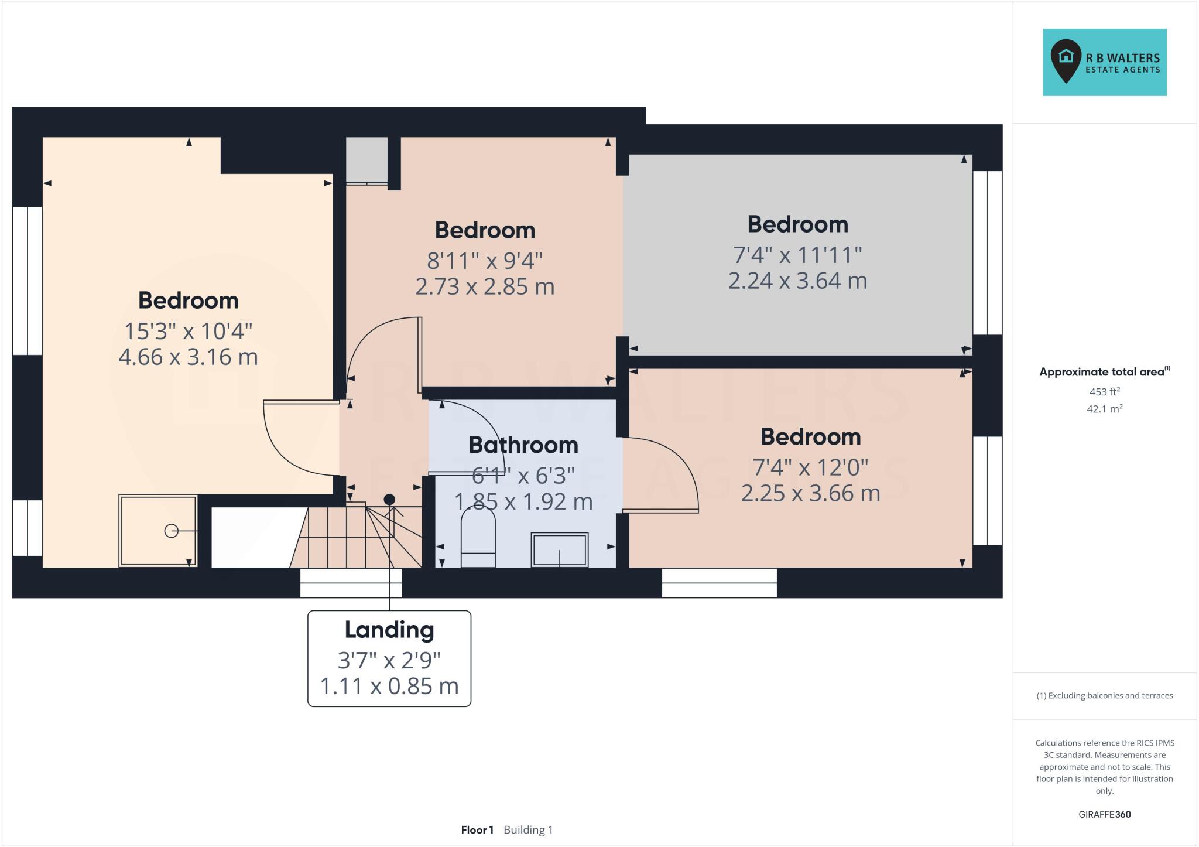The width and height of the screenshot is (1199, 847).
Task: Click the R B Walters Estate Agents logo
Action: [x=1104, y=62]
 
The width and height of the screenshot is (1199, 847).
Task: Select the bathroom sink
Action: [x=559, y=549]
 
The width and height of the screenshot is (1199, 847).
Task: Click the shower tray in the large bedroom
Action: [x=158, y=531]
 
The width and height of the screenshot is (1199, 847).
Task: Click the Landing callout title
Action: [x=389, y=630]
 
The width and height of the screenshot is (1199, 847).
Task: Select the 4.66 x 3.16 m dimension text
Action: [x=188, y=357]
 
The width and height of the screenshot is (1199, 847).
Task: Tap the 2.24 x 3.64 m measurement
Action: [x=797, y=281]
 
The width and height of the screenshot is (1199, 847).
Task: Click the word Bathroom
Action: [x=523, y=445]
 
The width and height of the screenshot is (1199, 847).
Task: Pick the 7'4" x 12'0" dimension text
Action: [x=810, y=467]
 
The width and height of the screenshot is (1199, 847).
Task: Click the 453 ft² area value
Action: [x=1104, y=391]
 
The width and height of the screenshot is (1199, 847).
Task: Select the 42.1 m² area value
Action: [x=1104, y=409]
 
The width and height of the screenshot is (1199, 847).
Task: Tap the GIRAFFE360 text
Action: [x=1104, y=814]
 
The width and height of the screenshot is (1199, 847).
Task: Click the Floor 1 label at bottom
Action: [x=477, y=830]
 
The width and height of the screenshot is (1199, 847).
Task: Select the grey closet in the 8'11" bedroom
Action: [x=366, y=159]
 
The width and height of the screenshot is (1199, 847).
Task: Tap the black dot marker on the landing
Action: [x=389, y=499]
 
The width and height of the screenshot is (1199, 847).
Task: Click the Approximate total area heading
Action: [x=1102, y=372]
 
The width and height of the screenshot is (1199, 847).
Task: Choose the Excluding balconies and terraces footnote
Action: [x=1104, y=696]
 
